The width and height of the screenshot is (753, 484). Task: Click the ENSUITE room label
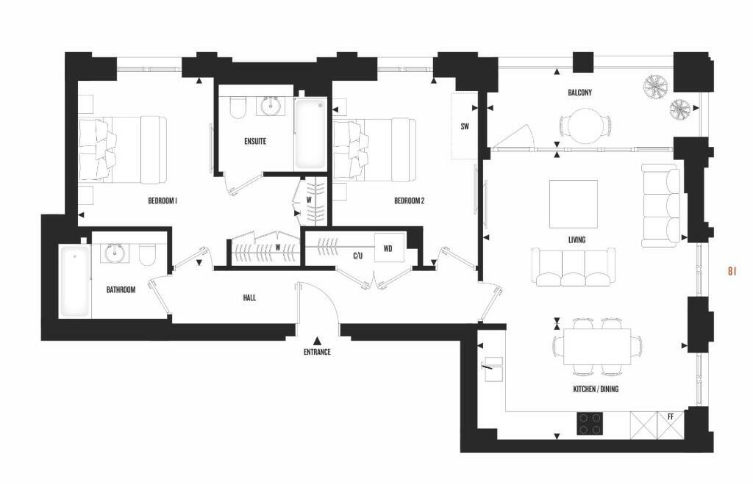point(255,141)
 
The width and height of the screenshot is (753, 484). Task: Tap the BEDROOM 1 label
point(163,201)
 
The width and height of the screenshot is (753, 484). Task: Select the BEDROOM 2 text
point(410,201)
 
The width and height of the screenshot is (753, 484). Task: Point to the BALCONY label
point(579,93)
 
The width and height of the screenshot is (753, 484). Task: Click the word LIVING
point(577,240)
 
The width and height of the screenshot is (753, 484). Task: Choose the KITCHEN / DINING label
point(596,389)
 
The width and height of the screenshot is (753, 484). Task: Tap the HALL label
point(249,297)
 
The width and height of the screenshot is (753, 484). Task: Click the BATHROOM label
point(121,290)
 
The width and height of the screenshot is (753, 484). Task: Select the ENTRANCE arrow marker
point(317,340)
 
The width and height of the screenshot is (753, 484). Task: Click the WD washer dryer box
point(388,248)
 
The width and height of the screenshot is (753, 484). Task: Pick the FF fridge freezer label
point(670,416)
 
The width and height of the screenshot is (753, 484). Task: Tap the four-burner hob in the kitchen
point(590,423)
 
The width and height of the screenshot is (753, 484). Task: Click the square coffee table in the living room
point(574,203)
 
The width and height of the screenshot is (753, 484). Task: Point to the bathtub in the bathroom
point(74,281)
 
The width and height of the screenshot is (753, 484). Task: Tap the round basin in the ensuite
point(271,106)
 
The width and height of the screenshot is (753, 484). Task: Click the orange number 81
point(732,271)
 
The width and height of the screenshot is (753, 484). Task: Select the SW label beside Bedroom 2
point(465,126)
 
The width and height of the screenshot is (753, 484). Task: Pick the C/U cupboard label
point(358,256)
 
